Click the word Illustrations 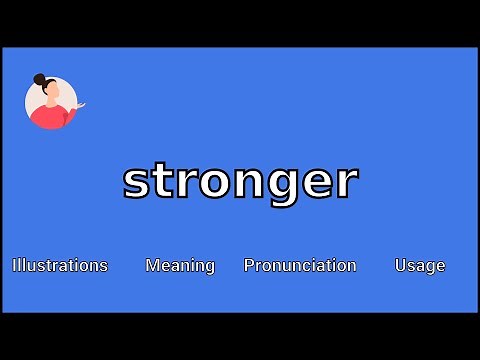pos(60,265)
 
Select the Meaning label pos(180,265)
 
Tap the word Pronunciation pos(300,265)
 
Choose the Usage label pos(419,265)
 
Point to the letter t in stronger pos(163,180)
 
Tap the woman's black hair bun pos(40,79)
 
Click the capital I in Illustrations pos(15,265)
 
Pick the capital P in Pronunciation pos(249,265)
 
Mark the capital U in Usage pos(400,265)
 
